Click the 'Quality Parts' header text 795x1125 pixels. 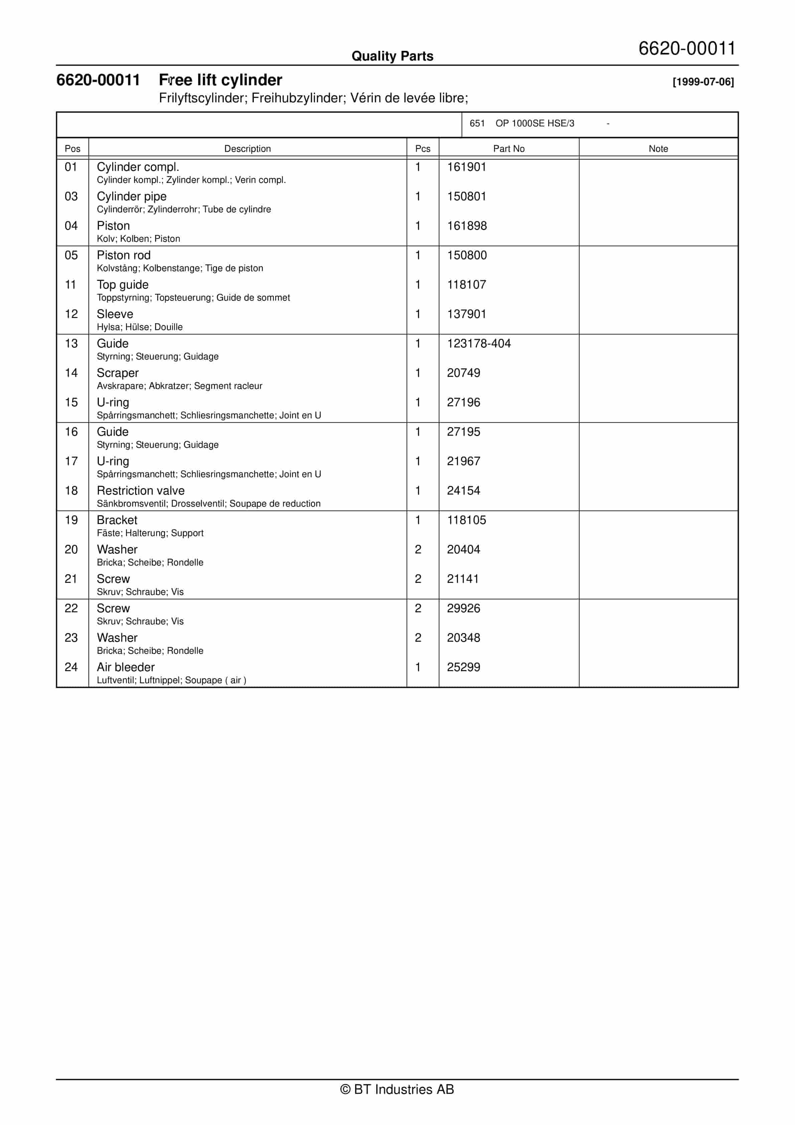coord(392,56)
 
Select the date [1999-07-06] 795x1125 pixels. coord(703,82)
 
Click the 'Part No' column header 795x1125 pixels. coord(509,148)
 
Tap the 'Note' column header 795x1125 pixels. coord(658,148)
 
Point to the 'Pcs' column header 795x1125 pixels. coord(423,148)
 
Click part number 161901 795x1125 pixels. coord(467,167)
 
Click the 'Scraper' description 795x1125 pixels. coord(118,373)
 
